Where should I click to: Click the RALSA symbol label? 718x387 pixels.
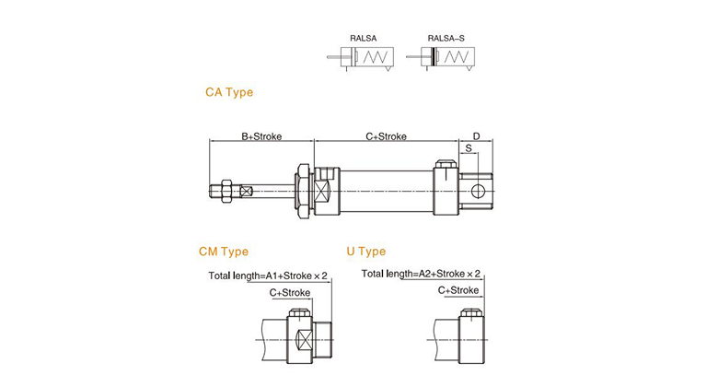(363, 39)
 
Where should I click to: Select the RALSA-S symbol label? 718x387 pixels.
(446, 39)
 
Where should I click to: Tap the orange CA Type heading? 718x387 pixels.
(229, 92)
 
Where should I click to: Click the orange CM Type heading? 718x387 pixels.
(224, 252)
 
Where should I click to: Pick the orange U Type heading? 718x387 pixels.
(365, 252)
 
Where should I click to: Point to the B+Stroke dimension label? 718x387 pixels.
(261, 136)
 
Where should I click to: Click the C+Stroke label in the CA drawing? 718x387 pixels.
(386, 136)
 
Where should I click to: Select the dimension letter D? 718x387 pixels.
(476, 136)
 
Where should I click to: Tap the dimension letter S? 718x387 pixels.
(469, 148)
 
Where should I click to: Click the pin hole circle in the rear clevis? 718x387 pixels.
(478, 192)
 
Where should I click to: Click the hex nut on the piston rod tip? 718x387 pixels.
(226, 191)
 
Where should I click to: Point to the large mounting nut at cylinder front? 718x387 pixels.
(303, 191)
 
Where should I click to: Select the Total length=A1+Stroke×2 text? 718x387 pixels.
(268, 276)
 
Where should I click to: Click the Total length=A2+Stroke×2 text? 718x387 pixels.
(421, 274)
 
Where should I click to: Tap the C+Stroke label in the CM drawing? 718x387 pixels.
(290, 292)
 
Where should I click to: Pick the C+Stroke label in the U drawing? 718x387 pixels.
(458, 290)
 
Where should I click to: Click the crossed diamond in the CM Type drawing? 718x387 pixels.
(304, 340)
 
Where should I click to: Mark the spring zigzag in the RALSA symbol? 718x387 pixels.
(375, 57)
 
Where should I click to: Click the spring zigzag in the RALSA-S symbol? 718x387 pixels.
(456, 57)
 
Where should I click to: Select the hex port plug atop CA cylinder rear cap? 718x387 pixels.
(446, 165)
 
